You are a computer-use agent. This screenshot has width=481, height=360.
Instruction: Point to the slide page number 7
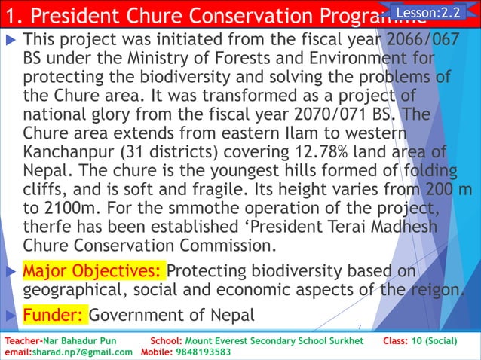[360, 327]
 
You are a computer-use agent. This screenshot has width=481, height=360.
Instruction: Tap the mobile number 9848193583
[204, 352]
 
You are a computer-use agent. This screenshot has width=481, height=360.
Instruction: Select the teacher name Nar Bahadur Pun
[80, 341]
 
